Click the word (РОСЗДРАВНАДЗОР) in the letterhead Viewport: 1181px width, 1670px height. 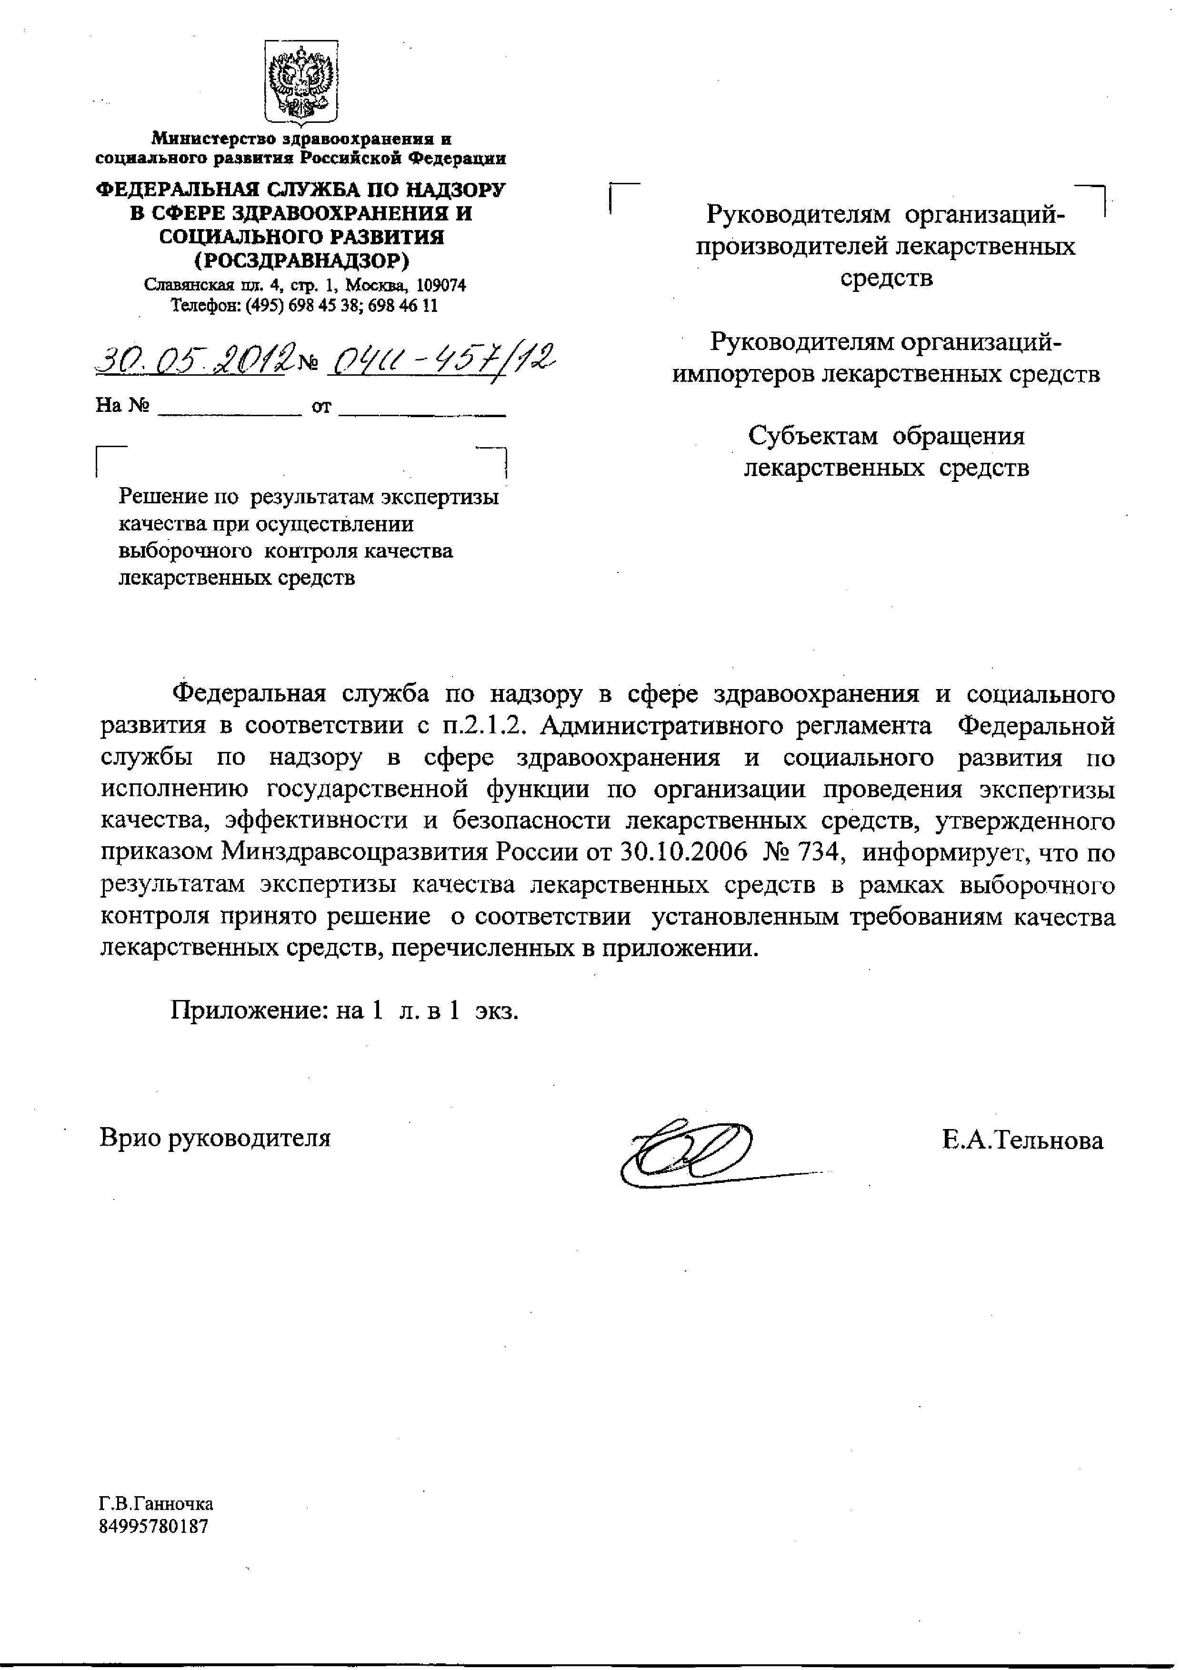[301, 260]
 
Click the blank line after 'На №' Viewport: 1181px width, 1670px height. [229, 407]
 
